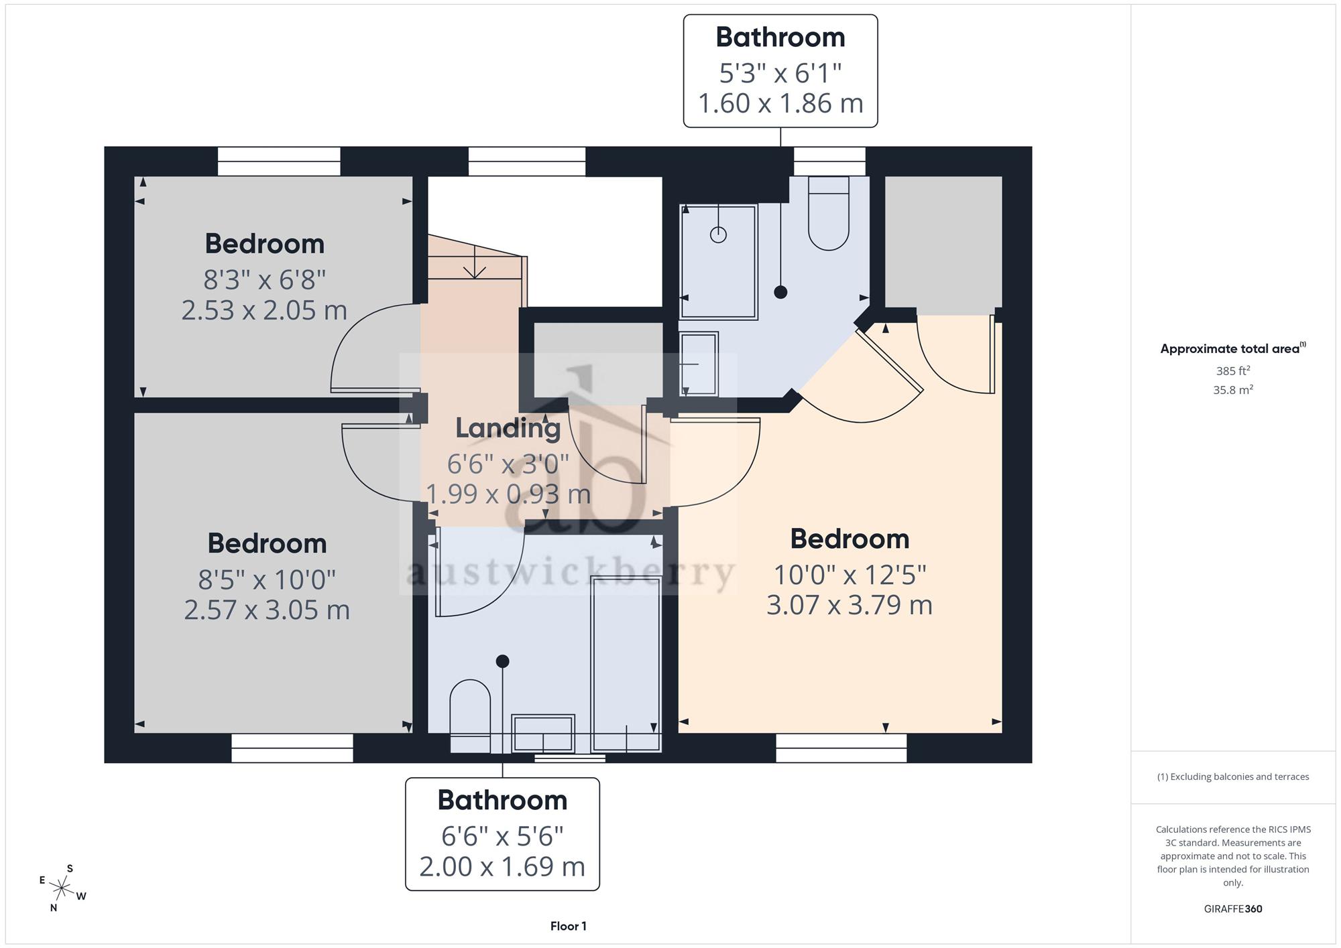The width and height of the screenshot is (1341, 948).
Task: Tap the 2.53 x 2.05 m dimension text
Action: coord(264,310)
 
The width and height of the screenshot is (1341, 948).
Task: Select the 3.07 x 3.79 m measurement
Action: coord(850,605)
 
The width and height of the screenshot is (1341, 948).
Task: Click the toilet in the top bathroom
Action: coord(829,213)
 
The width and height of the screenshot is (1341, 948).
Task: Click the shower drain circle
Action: coord(718,235)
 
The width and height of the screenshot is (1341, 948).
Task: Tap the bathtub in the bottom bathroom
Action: coord(626,663)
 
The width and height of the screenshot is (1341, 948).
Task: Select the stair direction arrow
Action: coord(475,262)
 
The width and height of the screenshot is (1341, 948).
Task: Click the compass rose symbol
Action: coord(62,888)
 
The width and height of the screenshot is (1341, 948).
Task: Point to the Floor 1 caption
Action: coord(569,926)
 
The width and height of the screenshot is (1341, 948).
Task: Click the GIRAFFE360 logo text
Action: coord(1233,909)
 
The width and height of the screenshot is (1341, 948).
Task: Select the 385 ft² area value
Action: coord(1233,370)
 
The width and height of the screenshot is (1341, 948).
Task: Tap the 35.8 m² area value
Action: coord(1233,389)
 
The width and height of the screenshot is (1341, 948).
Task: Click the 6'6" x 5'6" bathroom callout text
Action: coord(502,836)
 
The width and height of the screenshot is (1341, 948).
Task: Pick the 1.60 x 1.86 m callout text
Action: coord(780,103)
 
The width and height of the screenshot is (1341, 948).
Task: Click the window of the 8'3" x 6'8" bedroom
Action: coord(279,161)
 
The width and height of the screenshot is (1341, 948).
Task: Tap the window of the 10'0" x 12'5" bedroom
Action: coord(841,748)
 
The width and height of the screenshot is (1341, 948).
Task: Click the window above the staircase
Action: coord(527,161)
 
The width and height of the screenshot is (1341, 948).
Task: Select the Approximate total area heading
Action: coord(1233,348)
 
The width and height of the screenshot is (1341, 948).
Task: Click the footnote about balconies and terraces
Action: coord(1233,777)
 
